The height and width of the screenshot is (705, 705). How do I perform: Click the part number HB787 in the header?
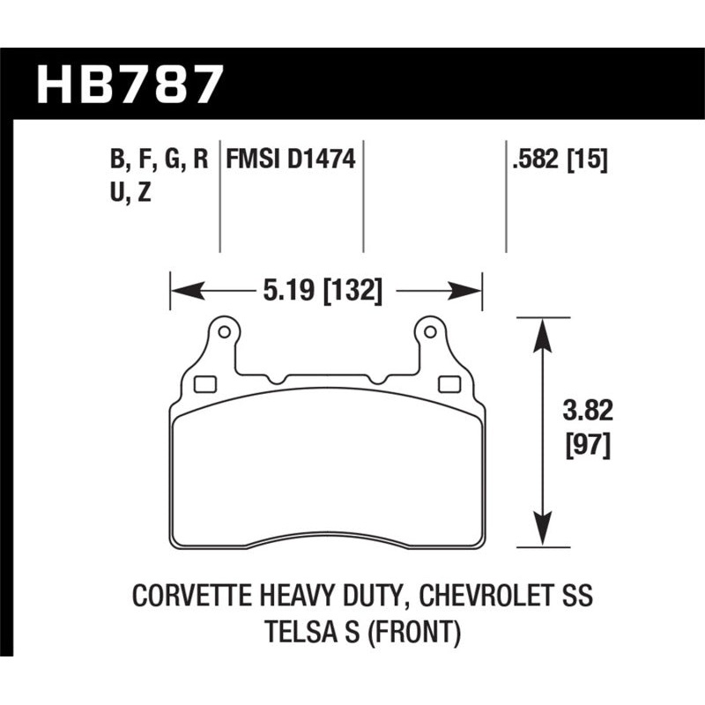pos(130,83)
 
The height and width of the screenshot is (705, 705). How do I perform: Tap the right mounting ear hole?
pos(429,333)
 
